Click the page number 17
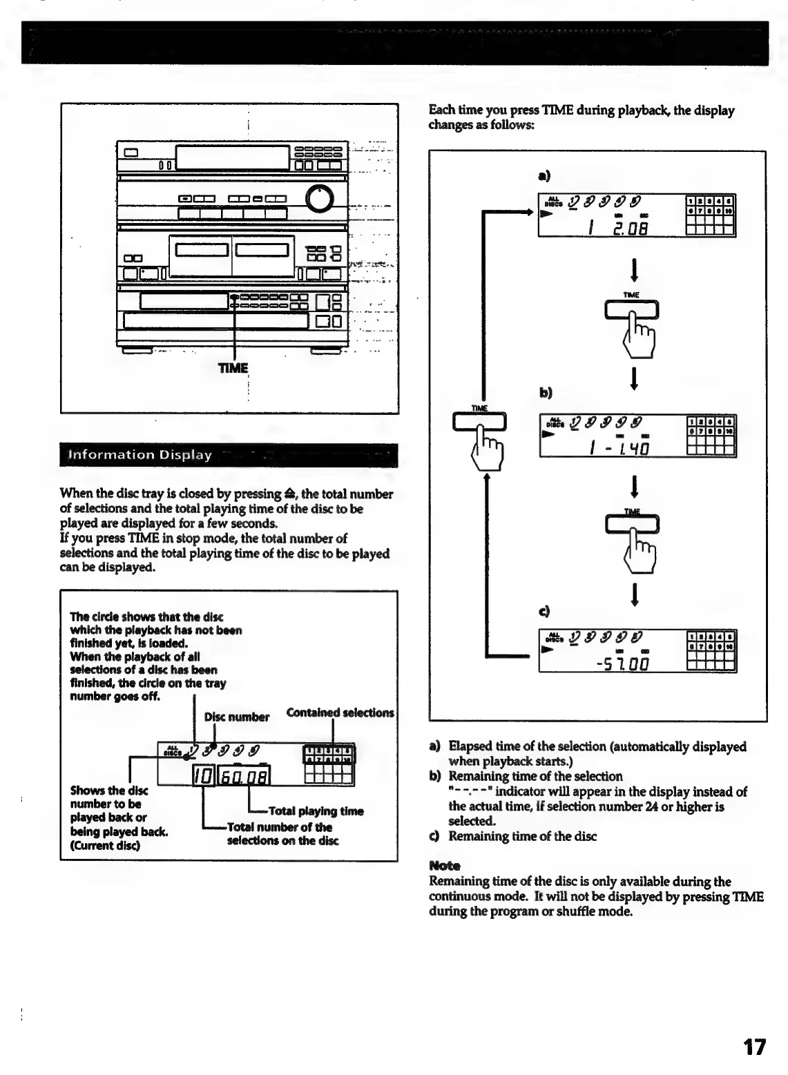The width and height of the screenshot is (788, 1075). tap(754, 1047)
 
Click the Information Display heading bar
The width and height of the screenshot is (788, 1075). tap(229, 455)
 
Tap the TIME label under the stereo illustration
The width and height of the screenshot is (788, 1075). tap(233, 368)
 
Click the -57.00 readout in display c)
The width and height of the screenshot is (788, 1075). tap(624, 664)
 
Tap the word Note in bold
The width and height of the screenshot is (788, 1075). tap(444, 866)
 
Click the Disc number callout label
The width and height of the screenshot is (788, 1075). tap(236, 717)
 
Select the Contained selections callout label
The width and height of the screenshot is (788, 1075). tap(340, 713)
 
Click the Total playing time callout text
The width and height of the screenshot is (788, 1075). tap(316, 811)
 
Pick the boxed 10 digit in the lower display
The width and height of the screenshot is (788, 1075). tap(203, 777)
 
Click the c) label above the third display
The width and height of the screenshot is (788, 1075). tap(544, 611)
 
